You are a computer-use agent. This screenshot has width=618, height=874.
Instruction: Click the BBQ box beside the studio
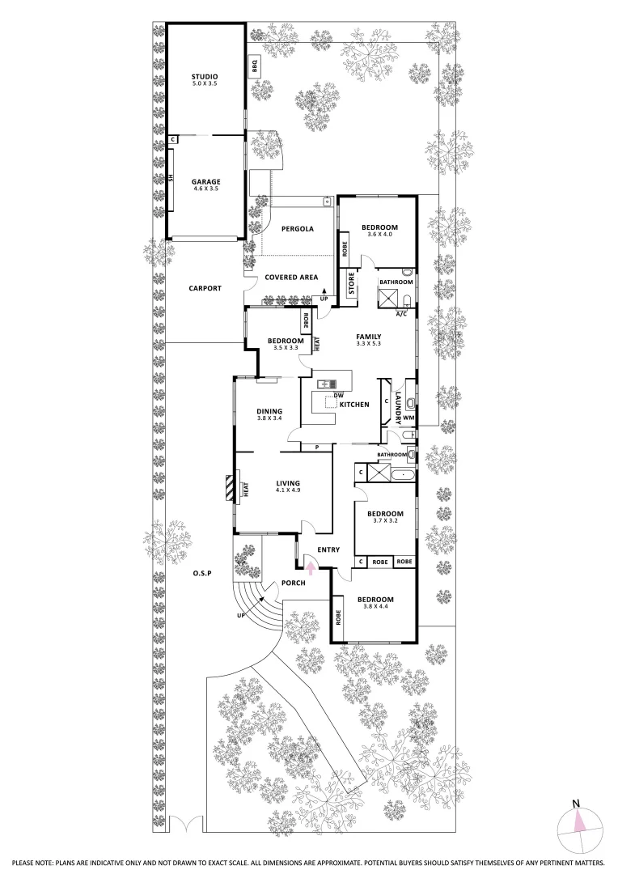(253, 66)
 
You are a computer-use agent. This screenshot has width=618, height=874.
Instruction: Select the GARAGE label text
(205, 181)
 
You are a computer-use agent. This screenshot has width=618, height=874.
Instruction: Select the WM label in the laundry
(408, 418)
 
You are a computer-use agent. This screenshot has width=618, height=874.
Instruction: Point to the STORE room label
(352, 285)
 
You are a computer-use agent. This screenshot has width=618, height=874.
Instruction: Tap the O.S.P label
(201, 574)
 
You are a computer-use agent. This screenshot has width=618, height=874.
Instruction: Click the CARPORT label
(205, 288)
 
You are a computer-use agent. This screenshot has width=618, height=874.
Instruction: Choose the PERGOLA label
(297, 229)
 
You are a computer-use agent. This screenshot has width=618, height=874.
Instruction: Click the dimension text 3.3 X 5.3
(368, 344)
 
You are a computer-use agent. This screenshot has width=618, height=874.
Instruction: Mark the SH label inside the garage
(171, 179)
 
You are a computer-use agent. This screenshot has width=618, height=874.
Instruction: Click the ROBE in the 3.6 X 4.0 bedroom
(345, 248)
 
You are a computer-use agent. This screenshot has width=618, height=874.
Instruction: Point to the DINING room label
(269, 410)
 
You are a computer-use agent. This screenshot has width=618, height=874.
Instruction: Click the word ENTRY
(328, 550)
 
